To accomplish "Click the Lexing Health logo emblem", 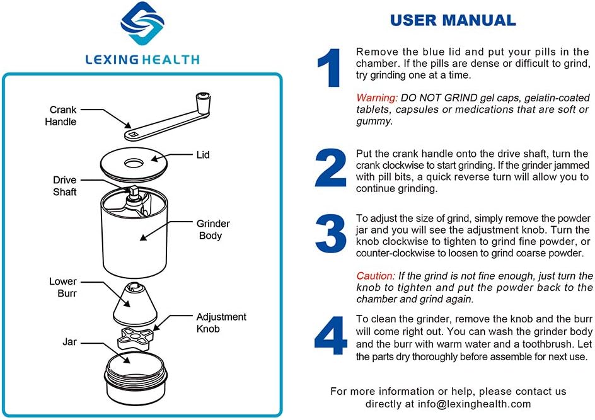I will pyautogui.click(x=142, y=27).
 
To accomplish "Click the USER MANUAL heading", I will pyautogui.click(x=453, y=20).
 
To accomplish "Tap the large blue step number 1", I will pyautogui.click(x=330, y=68).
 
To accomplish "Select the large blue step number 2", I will pyautogui.click(x=330, y=169).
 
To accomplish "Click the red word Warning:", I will pyautogui.click(x=377, y=98).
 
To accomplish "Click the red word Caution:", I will pyautogui.click(x=376, y=276).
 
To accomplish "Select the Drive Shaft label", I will pyautogui.click(x=65, y=186).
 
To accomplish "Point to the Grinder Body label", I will pyautogui.click(x=213, y=230).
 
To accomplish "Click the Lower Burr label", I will pyautogui.click(x=63, y=287).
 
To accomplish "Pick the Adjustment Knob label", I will pyautogui.click(x=221, y=322).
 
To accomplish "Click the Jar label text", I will pyautogui.click(x=69, y=342).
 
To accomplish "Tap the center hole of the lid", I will pyautogui.click(x=134, y=163).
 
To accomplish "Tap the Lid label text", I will pyautogui.click(x=202, y=154).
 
